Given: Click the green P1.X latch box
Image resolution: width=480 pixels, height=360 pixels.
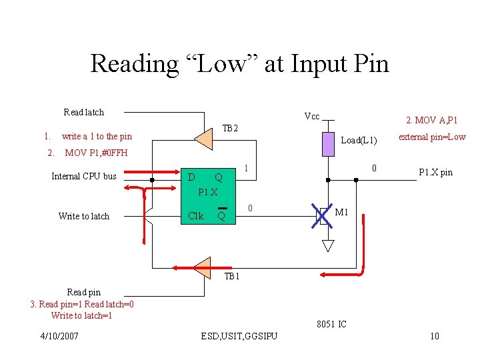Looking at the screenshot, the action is click(x=208, y=196).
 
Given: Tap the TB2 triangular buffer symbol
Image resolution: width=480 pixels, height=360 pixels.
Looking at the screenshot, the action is click(x=203, y=139).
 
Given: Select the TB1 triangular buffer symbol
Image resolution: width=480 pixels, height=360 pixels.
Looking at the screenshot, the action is click(x=203, y=268).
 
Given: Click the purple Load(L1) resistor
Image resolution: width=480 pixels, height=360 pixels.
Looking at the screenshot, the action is click(x=328, y=144).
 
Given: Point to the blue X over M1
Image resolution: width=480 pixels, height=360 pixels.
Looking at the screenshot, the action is click(x=322, y=216).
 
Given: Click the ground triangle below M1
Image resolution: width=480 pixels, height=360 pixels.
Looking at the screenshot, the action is click(x=328, y=246).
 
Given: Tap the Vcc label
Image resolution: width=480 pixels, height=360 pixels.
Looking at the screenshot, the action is click(x=312, y=116).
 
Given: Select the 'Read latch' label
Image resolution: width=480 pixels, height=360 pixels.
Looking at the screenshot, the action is click(x=83, y=113).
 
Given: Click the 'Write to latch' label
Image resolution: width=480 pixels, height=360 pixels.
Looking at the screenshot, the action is click(x=84, y=216).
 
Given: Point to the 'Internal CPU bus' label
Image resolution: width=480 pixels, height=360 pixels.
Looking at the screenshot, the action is click(x=84, y=176).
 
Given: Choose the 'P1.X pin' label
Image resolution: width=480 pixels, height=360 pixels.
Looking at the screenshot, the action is click(x=435, y=173).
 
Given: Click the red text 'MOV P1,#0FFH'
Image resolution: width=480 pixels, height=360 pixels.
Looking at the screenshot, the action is click(x=96, y=153).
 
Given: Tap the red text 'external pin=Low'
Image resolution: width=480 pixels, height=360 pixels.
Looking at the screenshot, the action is click(x=432, y=137).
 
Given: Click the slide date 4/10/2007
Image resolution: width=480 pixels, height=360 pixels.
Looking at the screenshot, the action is click(x=59, y=336).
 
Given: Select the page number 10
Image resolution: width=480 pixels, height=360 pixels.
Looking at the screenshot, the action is click(x=435, y=336).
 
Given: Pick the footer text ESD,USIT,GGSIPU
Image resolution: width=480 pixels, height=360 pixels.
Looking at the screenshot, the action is click(x=239, y=336).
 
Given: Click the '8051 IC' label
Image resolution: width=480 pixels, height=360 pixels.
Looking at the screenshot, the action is click(x=331, y=324).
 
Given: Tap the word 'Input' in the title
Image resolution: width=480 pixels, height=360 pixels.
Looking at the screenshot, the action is click(x=319, y=64).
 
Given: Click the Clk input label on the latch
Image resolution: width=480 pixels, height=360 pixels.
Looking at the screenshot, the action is click(x=196, y=216).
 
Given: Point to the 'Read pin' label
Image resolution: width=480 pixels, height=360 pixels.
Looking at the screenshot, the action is click(x=84, y=293).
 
